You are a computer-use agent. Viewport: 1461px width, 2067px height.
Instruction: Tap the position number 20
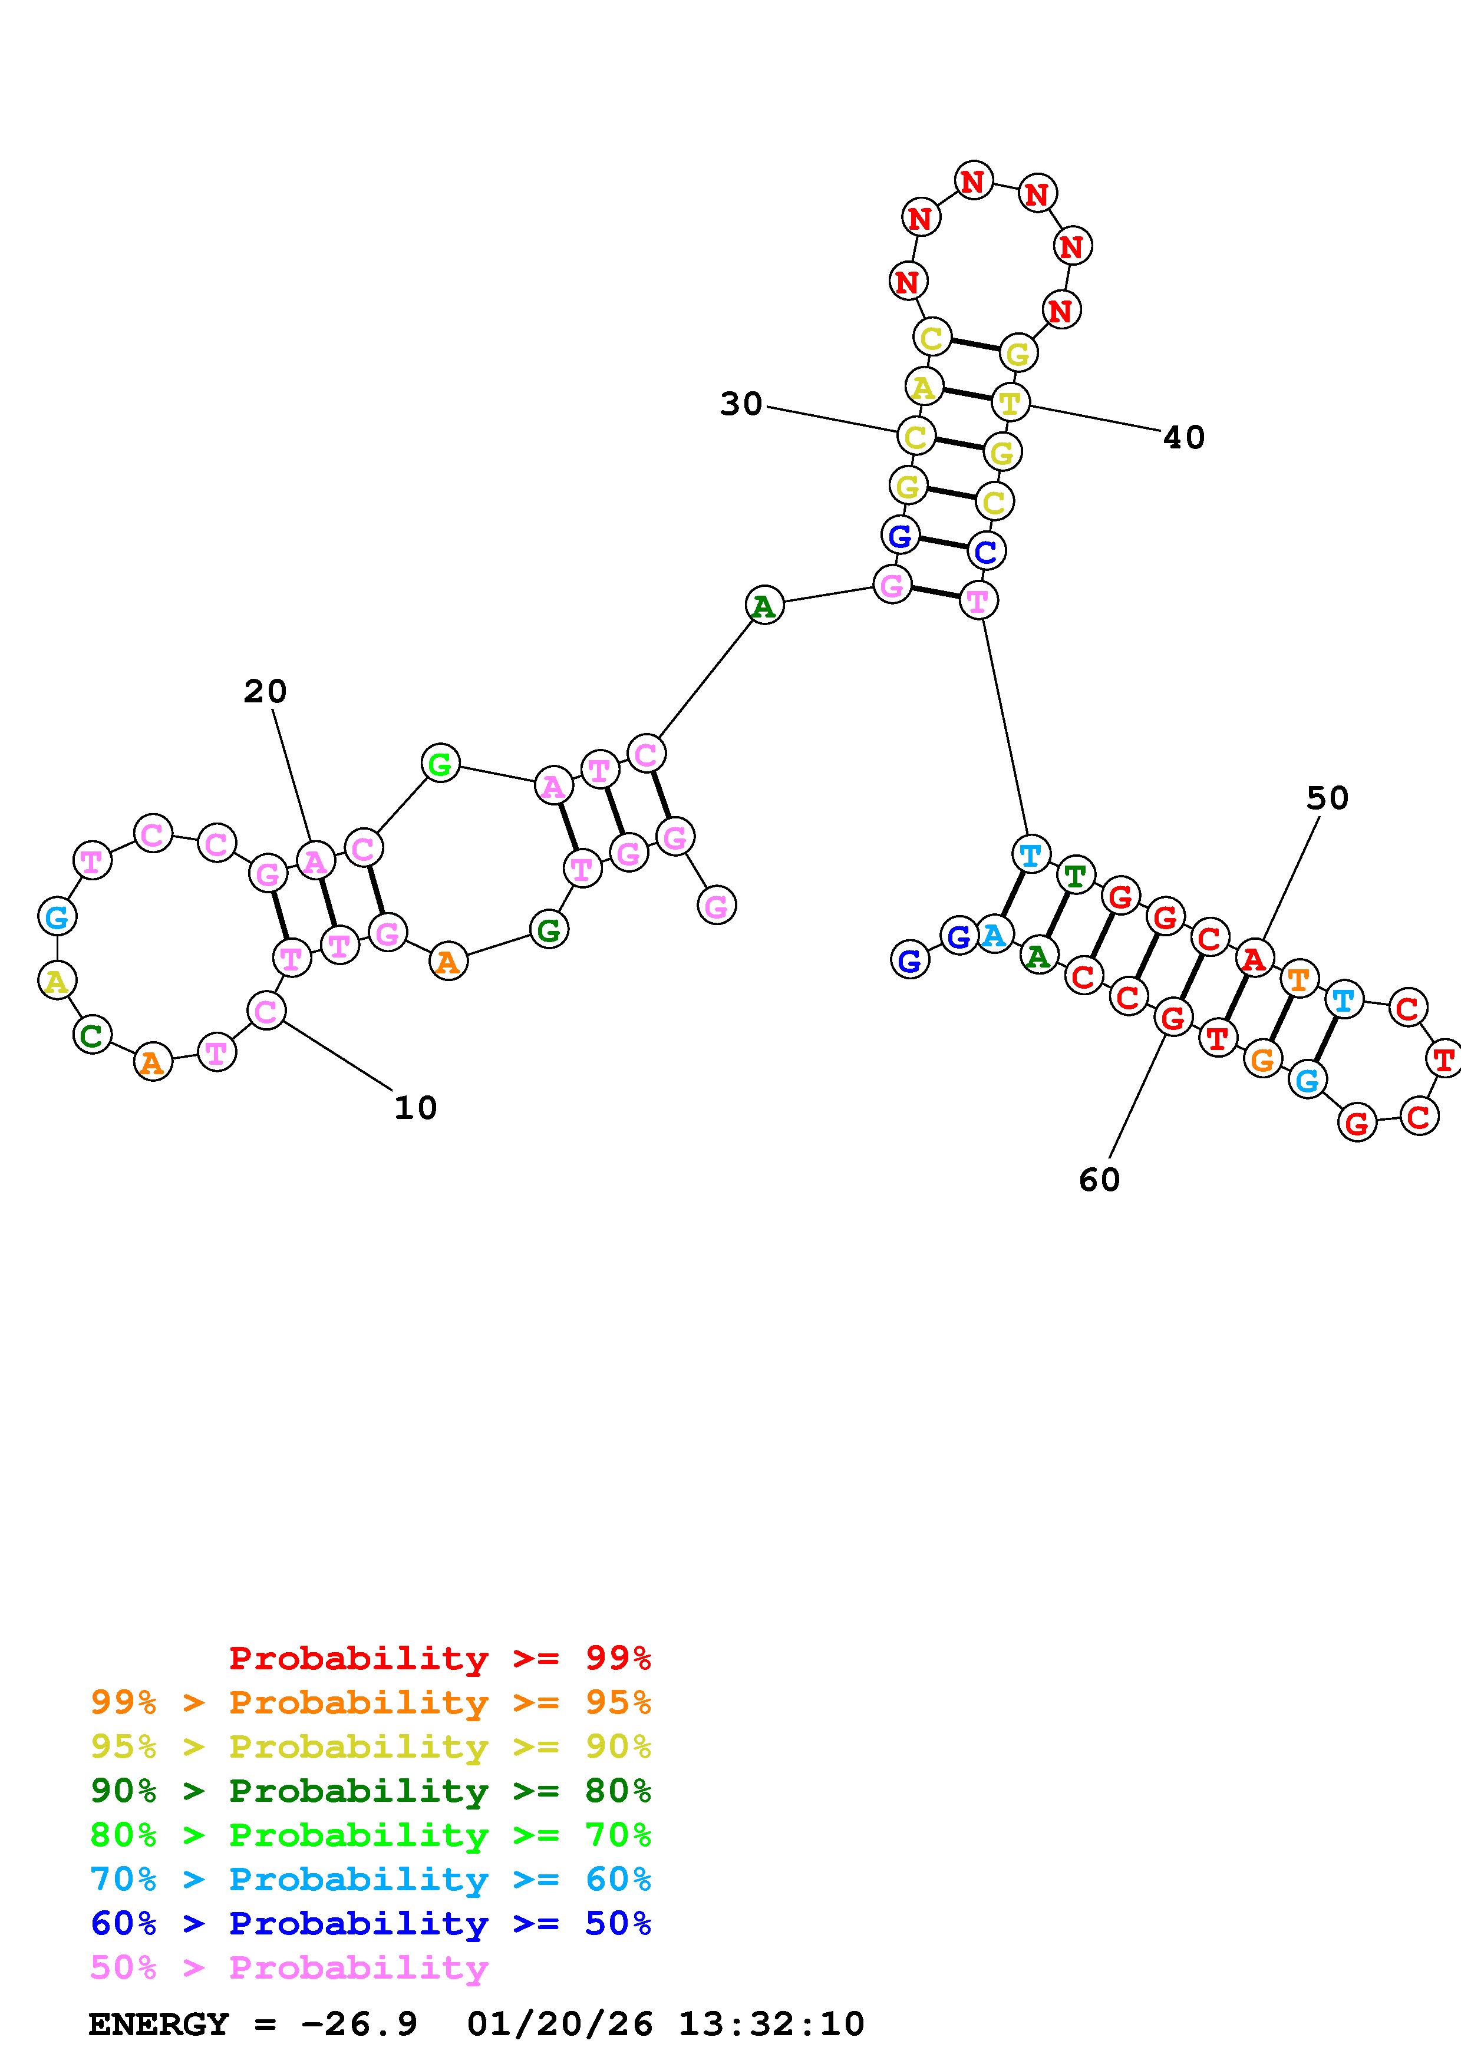click(x=265, y=691)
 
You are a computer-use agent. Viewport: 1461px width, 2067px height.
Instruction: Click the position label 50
click(x=1327, y=798)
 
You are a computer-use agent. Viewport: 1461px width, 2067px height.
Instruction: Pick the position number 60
click(x=1099, y=1180)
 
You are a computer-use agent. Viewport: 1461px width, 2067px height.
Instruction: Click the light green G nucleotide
click(x=440, y=764)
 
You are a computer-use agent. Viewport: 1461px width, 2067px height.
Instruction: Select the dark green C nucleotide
click(x=92, y=1035)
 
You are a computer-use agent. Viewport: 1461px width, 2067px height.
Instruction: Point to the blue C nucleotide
click(x=987, y=551)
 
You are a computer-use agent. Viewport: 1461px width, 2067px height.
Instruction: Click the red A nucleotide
click(x=1253, y=960)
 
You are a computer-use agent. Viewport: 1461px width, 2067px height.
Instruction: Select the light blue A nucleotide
click(x=993, y=935)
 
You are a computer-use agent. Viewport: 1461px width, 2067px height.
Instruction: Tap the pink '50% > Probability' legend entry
click(x=289, y=1968)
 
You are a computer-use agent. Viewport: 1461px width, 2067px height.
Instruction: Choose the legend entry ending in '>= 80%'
click(x=371, y=1791)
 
